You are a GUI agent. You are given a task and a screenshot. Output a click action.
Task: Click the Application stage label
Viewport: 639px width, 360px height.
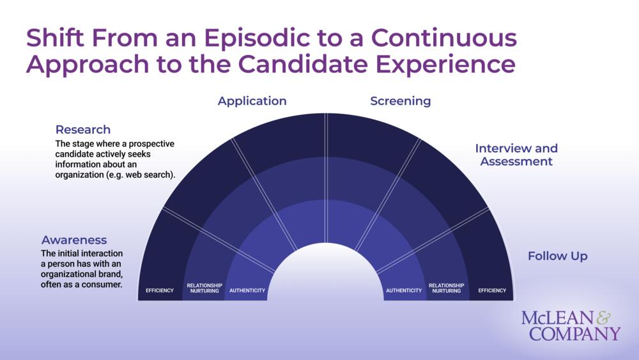252,101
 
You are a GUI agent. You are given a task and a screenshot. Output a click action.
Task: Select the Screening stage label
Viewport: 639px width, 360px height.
401,101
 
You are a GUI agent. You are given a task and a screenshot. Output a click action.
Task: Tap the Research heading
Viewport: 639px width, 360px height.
82,130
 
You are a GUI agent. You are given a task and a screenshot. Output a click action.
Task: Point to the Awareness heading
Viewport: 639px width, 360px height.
74,240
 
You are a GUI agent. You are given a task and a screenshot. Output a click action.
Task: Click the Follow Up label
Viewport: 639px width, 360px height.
557,256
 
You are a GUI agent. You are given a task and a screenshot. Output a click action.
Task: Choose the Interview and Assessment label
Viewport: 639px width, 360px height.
516,155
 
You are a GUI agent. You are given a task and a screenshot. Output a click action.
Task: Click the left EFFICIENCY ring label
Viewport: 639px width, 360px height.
160,290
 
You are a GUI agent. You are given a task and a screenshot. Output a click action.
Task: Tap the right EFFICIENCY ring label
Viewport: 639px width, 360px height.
492,290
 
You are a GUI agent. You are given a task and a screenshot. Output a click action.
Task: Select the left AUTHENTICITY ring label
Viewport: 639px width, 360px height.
247,290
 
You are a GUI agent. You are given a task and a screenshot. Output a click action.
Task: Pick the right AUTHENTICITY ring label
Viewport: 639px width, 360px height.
404,290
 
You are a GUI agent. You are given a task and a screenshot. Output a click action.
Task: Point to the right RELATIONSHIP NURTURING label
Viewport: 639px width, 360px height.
447,288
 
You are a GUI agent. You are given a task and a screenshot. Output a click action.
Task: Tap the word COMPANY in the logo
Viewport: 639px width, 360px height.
574,334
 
